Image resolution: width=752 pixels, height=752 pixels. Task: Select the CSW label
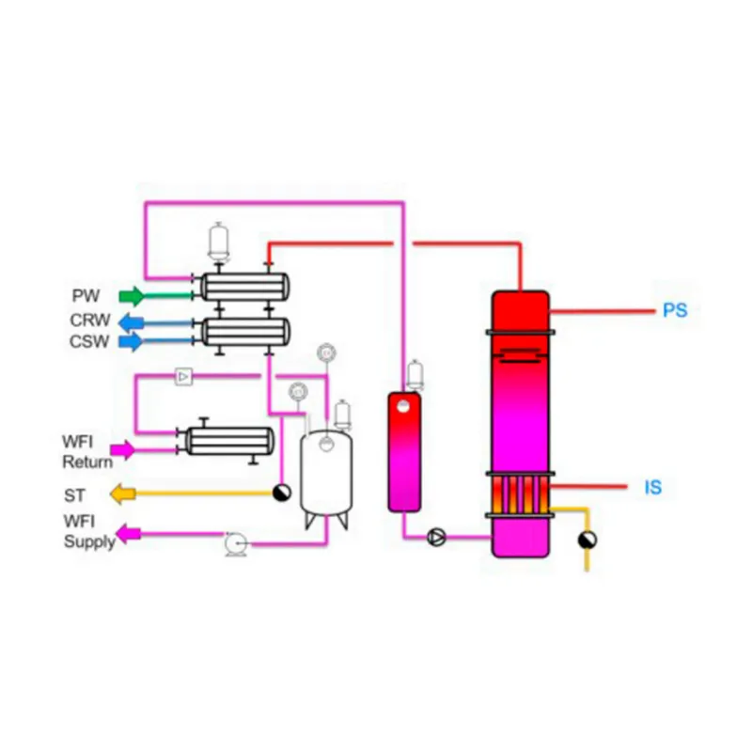[x=89, y=341]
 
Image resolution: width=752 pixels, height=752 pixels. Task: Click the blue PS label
[x=675, y=310]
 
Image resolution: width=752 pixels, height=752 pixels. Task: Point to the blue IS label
[x=652, y=487]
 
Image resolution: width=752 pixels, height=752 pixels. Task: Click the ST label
[x=75, y=493]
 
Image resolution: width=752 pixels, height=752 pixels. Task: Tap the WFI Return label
[x=87, y=452]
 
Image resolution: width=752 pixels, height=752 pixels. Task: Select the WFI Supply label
[x=89, y=533]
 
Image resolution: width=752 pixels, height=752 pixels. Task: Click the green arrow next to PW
[x=133, y=296]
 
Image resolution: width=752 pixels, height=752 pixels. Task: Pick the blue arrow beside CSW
[x=133, y=341]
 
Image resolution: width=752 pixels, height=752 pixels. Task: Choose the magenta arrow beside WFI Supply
[x=128, y=534]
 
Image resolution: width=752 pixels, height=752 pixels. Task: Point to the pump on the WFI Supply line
[x=235, y=542]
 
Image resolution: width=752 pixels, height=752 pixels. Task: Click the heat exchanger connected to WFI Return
[x=229, y=440]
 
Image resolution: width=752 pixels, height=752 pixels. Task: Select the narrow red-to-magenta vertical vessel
[x=404, y=451]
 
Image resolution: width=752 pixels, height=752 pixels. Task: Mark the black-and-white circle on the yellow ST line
[x=281, y=493]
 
